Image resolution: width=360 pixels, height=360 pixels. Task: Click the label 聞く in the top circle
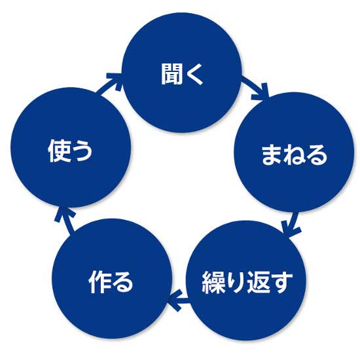point(182,74)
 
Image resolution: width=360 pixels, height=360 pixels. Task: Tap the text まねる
point(294,154)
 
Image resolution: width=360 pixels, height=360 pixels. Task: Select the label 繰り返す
point(247,282)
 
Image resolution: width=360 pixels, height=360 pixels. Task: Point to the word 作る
point(111,282)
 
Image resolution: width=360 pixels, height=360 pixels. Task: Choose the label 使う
point(70,151)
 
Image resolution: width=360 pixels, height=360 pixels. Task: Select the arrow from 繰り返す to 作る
point(179,300)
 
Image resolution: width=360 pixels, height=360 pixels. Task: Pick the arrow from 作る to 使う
point(65,219)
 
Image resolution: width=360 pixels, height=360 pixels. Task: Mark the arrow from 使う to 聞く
point(109,83)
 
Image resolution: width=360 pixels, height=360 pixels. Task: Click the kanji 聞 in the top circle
point(171,74)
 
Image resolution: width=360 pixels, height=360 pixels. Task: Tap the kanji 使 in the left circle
point(59,151)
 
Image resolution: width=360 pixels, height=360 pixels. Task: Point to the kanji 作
point(99,282)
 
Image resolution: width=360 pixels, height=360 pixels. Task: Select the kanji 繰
point(213,282)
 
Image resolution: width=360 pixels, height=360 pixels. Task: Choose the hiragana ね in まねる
point(294,154)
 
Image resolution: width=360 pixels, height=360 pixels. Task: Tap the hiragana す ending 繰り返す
point(281,282)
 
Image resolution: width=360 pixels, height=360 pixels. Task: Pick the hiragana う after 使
point(82,151)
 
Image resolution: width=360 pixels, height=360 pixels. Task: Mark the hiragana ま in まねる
point(272,154)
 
